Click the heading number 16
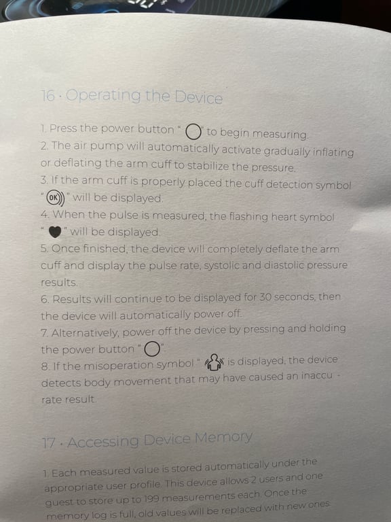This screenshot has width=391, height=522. click(x=48, y=96)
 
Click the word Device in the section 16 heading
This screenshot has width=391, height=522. click(x=197, y=97)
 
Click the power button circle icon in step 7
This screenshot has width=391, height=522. click(x=152, y=349)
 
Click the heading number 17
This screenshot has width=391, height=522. click(x=49, y=442)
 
